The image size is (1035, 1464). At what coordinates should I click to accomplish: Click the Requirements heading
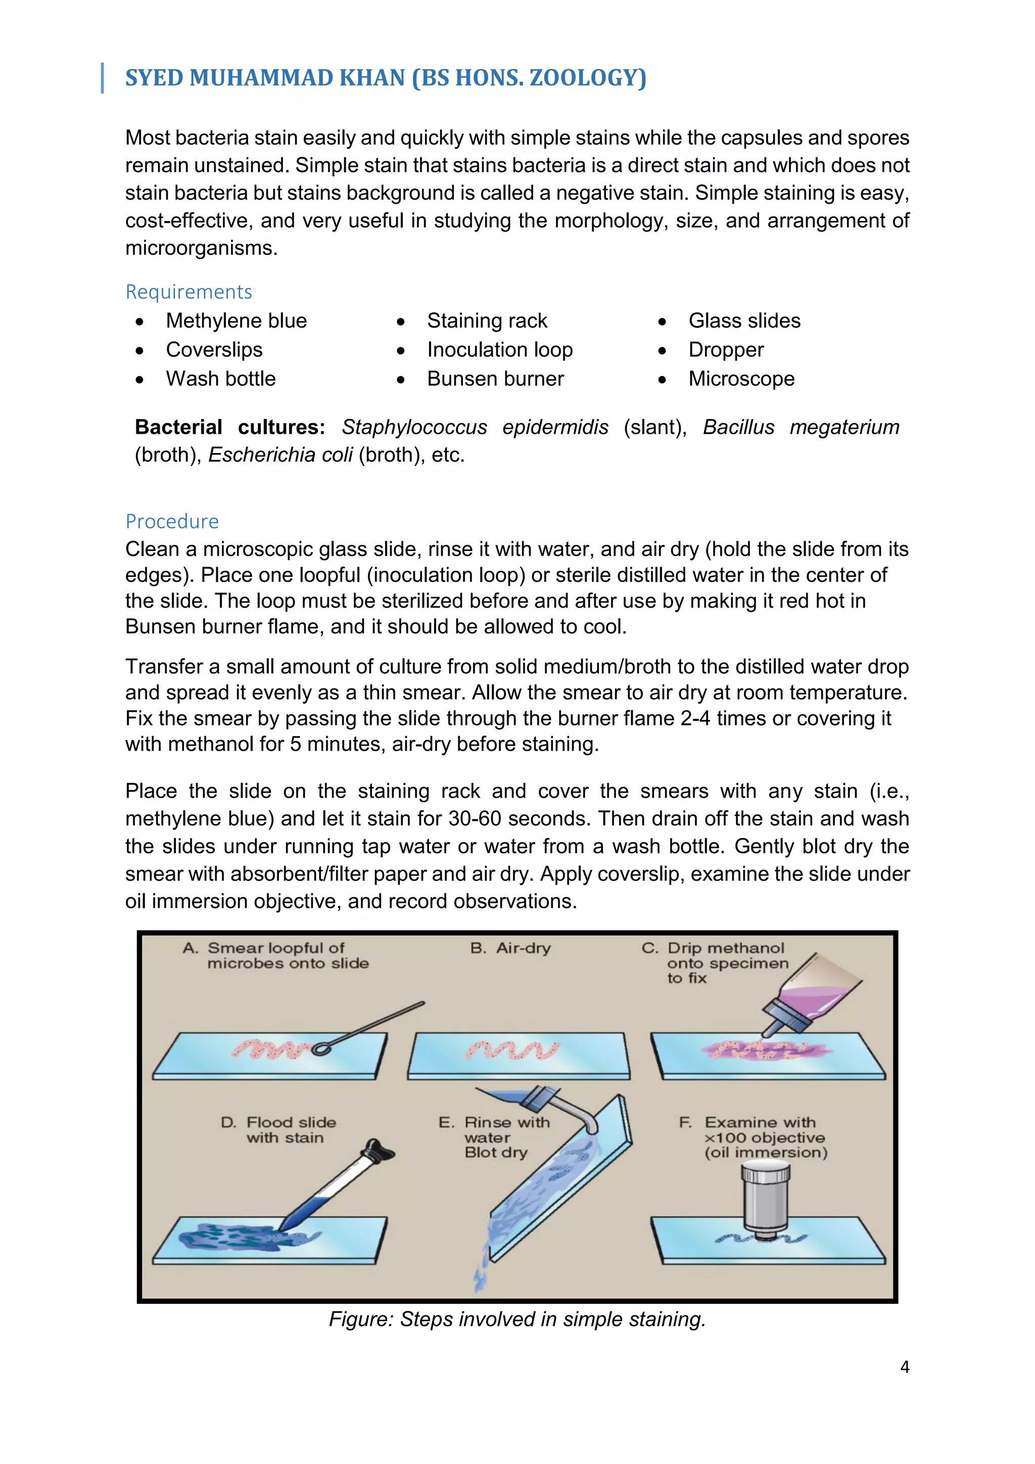(x=189, y=292)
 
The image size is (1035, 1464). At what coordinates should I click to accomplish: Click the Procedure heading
(x=172, y=522)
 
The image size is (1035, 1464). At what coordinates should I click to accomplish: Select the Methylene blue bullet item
(x=236, y=321)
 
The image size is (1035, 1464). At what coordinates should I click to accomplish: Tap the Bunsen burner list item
(x=495, y=379)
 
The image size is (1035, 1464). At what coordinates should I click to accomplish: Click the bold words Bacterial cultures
(x=229, y=427)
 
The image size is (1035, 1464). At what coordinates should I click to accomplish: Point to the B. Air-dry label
(x=510, y=948)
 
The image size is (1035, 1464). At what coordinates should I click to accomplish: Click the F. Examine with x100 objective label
(x=754, y=1137)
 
